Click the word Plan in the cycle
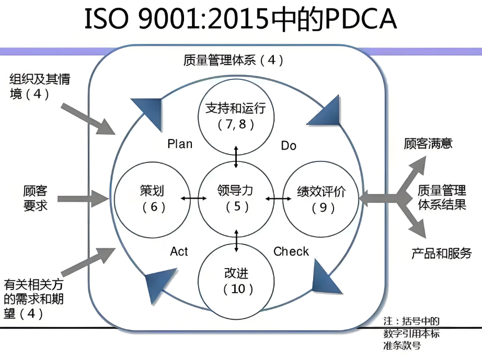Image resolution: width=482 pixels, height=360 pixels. click(180, 144)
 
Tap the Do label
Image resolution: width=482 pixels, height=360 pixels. click(289, 145)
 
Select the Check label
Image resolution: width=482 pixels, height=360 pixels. click(291, 251)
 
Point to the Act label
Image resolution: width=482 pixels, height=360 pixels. click(179, 251)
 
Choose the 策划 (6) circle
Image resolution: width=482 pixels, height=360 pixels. click(152, 198)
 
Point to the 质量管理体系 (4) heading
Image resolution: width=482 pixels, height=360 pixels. click(233, 60)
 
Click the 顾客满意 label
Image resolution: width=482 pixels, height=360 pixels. click(428, 143)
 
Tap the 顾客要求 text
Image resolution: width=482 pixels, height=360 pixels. click(36, 198)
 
